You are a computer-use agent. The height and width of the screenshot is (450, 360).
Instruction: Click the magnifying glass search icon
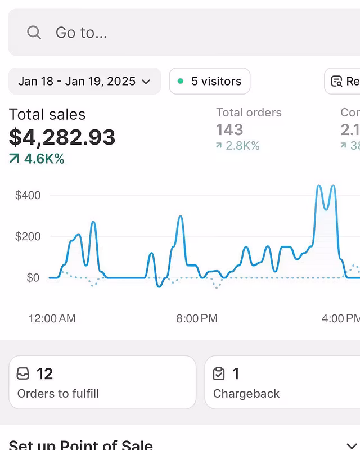point(34,33)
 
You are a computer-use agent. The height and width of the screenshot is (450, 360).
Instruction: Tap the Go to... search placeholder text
point(81,33)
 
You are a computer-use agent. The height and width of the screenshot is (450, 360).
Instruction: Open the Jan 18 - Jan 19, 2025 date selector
point(84,81)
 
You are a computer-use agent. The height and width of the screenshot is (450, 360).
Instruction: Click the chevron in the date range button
point(146,82)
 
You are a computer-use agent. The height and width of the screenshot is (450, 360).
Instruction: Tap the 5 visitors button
point(209,81)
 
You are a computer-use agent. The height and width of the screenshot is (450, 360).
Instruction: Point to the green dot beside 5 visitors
point(181,81)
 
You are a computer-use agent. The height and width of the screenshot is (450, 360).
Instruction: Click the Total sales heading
point(47,115)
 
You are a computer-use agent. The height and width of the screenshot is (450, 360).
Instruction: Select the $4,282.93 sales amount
point(62,137)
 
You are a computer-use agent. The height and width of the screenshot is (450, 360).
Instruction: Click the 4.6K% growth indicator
point(37,159)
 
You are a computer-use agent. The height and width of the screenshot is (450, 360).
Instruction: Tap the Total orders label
point(249,112)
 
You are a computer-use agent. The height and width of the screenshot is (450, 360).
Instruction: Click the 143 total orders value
point(229,130)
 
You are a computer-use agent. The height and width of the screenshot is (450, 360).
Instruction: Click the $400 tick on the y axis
point(28,196)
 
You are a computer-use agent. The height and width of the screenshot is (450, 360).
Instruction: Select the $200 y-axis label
point(28,237)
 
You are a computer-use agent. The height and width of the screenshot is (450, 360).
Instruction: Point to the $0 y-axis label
point(33,278)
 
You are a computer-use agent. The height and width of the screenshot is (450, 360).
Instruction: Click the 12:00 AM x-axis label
point(52,318)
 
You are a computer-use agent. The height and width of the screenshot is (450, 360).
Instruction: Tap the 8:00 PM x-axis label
point(196,318)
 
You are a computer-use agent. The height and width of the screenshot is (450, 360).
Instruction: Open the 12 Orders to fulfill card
point(102,382)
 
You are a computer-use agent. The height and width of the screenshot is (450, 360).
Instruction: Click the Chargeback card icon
point(219,373)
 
